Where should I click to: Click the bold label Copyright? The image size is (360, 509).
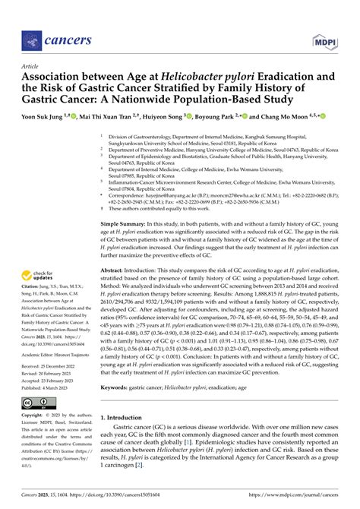point(35,417)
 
